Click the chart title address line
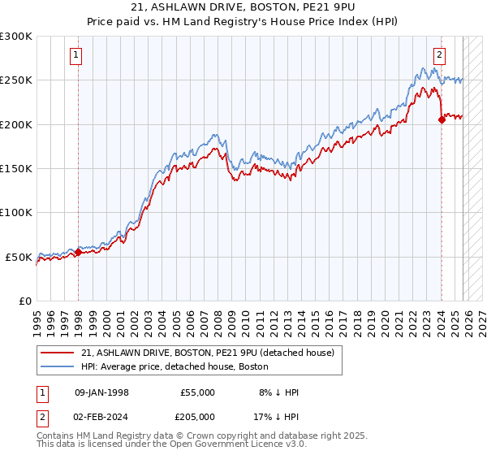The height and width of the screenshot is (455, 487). pyautogui.click(x=243, y=8)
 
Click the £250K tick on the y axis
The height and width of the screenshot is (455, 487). pyautogui.click(x=16, y=80)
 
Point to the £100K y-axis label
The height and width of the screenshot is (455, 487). pyautogui.click(x=16, y=212)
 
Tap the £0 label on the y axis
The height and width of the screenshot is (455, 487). pyautogui.click(x=26, y=301)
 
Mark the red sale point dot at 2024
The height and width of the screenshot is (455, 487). pyautogui.click(x=442, y=119)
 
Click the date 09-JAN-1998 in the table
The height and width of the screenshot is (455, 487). pyautogui.click(x=101, y=392)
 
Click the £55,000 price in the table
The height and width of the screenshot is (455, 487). pyautogui.click(x=198, y=392)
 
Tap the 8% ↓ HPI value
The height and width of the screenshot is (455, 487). pyautogui.click(x=278, y=392)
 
